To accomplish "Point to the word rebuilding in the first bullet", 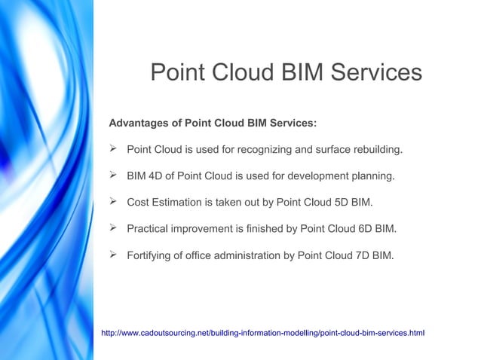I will (x=377, y=150).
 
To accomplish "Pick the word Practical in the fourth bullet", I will (x=149, y=229).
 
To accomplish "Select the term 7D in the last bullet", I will (x=366, y=256).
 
